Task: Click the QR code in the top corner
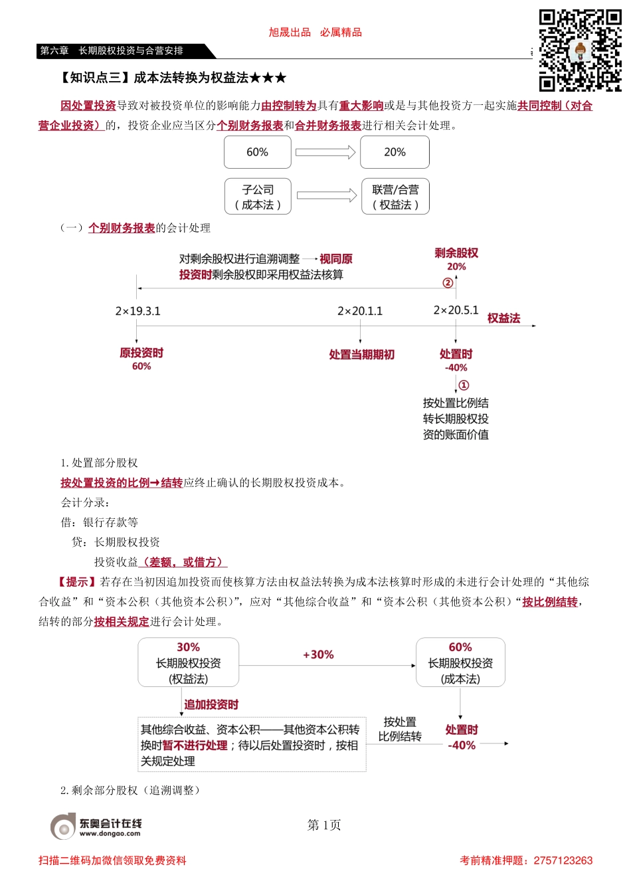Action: (x=579, y=50)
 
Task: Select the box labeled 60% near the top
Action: (x=258, y=152)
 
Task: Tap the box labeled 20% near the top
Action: (x=395, y=152)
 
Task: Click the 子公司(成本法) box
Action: (x=258, y=197)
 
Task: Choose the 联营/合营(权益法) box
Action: (x=395, y=197)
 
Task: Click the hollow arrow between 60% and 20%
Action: (x=325, y=152)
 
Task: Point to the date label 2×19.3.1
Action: (x=137, y=311)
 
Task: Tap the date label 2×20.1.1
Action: (x=360, y=311)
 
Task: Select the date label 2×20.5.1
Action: (x=456, y=310)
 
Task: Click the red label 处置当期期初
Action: (x=361, y=355)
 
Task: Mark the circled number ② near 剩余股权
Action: (x=448, y=283)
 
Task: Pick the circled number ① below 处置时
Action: (x=464, y=385)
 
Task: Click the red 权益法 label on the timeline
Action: (x=503, y=318)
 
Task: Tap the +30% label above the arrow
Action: (x=318, y=654)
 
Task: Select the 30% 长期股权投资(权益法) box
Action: (x=188, y=662)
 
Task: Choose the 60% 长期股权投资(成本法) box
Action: (x=460, y=662)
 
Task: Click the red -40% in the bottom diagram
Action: (x=462, y=745)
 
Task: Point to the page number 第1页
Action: (x=324, y=825)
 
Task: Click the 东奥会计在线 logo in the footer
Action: (x=96, y=826)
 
